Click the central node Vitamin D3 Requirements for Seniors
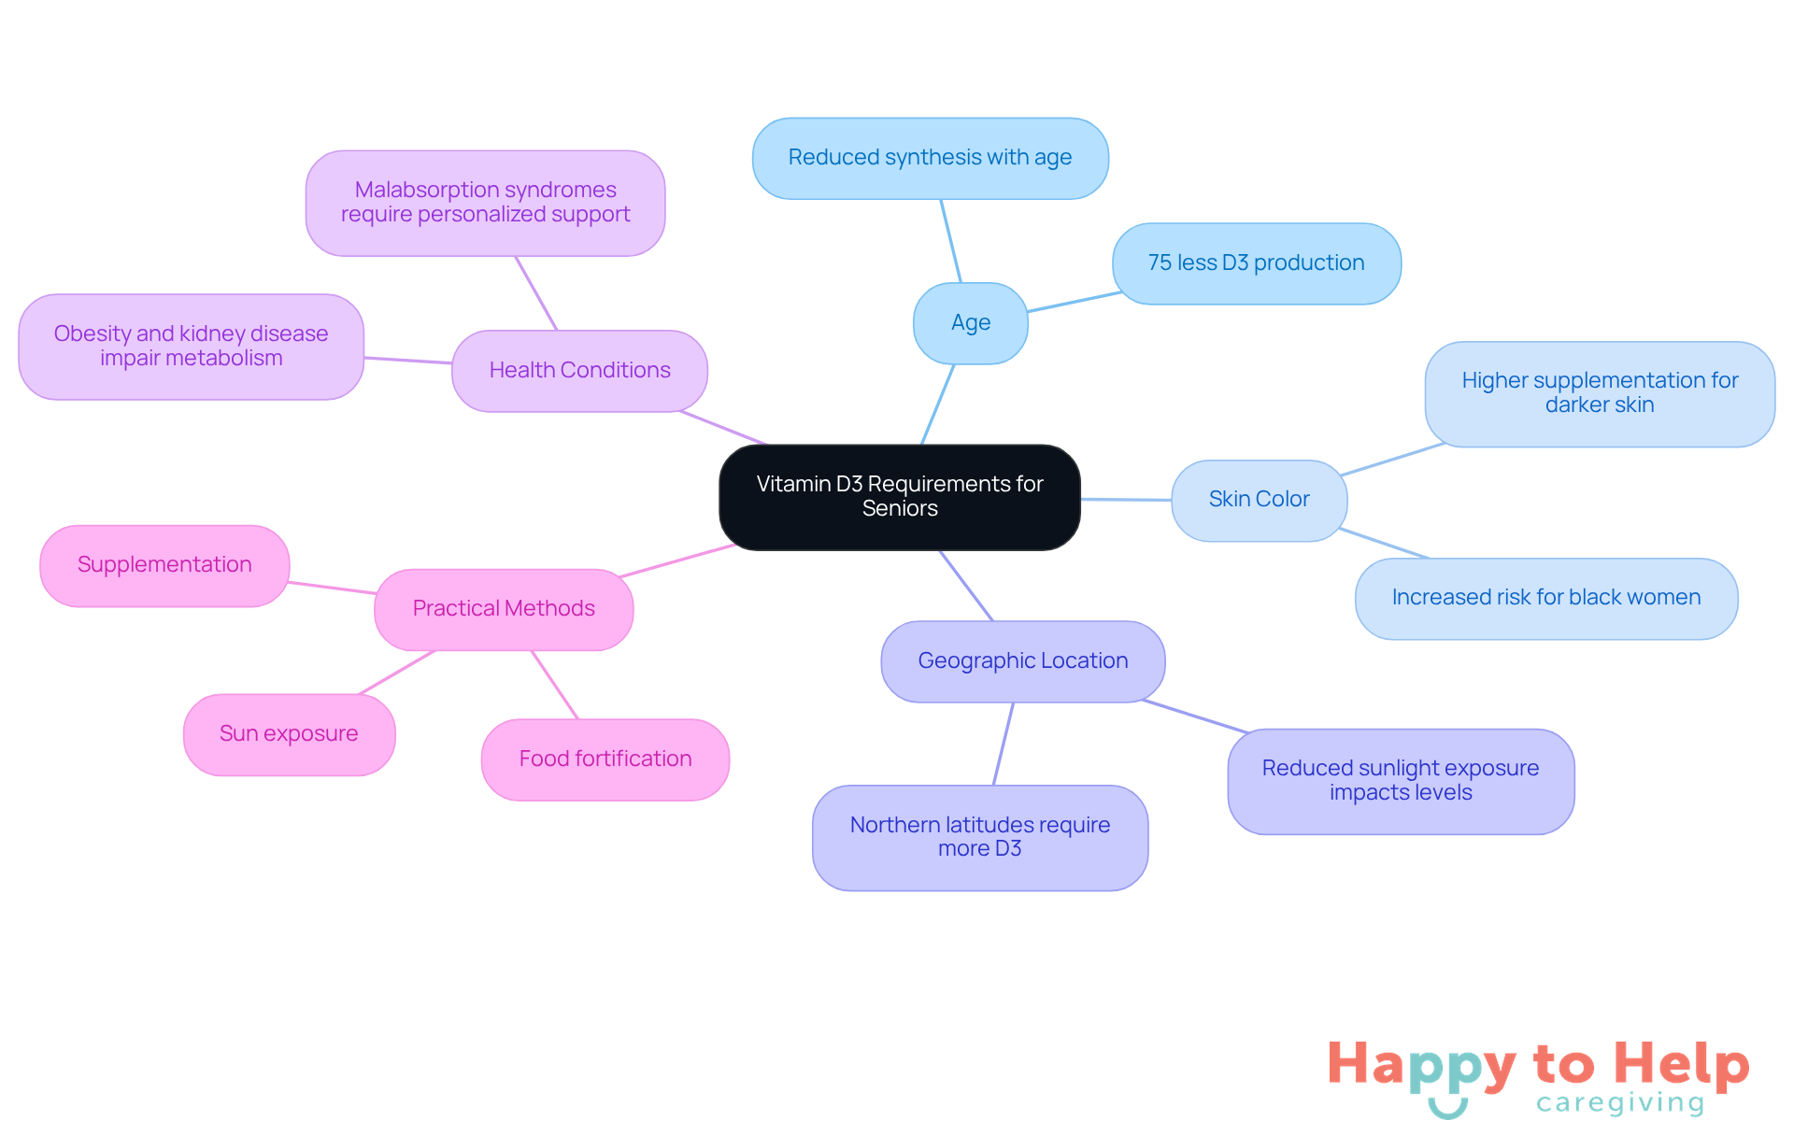click(x=900, y=497)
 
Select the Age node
click(x=971, y=323)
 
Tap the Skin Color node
click(x=1260, y=500)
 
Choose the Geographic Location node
click(x=1023, y=661)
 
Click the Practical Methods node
click(x=504, y=609)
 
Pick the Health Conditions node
click(x=579, y=371)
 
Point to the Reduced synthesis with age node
click(x=931, y=158)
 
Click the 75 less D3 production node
click(x=1257, y=263)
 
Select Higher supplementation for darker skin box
click(x=1600, y=393)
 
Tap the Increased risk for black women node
click(x=1546, y=598)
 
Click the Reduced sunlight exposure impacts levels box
click(x=1401, y=781)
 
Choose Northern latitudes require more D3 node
click(x=980, y=837)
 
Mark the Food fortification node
click(x=605, y=759)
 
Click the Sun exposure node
click(x=289, y=734)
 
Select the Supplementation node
click(x=164, y=565)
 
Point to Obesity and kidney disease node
click(x=191, y=347)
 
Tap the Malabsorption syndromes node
click(x=486, y=203)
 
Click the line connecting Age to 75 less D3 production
click(x=1075, y=302)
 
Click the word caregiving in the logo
click(x=1620, y=1103)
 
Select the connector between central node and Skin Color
click(x=1126, y=500)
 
